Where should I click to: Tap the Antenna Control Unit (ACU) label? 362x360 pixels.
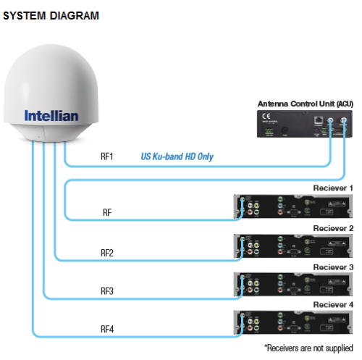tap(305, 104)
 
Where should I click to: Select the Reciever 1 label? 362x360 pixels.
tap(332, 188)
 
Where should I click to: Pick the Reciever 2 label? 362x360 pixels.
tap(332, 228)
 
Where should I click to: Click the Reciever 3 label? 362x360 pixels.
tap(332, 267)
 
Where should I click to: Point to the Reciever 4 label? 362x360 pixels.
tap(332, 305)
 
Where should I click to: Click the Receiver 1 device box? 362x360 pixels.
tap(294, 206)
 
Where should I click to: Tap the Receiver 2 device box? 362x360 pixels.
tap(294, 246)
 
